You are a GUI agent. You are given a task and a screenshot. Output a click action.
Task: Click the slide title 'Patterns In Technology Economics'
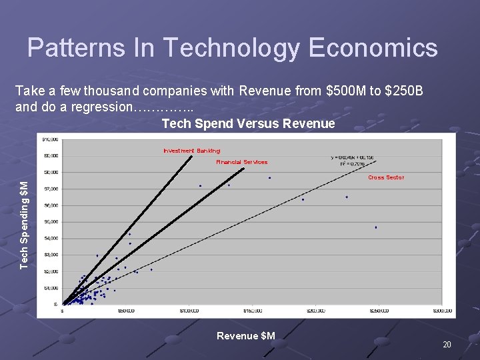[x=233, y=48]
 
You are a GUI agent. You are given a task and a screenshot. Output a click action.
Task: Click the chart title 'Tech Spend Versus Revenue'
[x=248, y=123]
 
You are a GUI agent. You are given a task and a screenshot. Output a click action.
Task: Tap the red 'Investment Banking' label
[x=192, y=151]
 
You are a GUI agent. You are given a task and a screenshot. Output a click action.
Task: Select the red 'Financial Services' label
[x=241, y=162]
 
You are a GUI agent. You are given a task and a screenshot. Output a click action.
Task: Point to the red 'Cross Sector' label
[x=386, y=177]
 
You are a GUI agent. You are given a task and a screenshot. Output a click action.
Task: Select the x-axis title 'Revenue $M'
[x=245, y=336]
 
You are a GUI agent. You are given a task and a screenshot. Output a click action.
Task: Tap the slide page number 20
[x=447, y=345]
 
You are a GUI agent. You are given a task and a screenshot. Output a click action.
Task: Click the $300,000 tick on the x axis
[x=442, y=311]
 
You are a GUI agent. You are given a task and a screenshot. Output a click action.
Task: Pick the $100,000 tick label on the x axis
[x=189, y=311]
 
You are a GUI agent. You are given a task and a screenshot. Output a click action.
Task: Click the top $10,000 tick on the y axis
[x=50, y=139]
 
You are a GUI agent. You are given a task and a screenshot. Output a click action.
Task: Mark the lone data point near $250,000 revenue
[x=376, y=227]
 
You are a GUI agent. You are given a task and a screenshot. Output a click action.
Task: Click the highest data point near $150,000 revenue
[x=269, y=178]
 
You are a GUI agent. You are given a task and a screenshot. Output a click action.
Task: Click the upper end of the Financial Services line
[x=244, y=168]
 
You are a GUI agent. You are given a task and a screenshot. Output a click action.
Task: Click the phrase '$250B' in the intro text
[x=402, y=91]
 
